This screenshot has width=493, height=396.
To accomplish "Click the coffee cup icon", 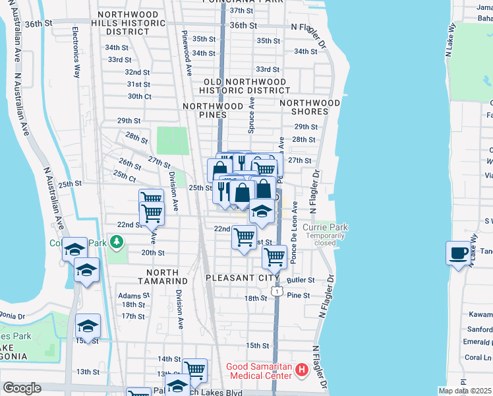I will coord(459,252).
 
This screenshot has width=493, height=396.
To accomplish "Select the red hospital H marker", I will coord(302,370).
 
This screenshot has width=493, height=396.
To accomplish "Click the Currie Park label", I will coord(325,228).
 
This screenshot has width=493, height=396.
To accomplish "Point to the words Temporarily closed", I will coord(325,239).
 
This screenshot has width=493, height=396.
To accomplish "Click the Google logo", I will coord(22,388).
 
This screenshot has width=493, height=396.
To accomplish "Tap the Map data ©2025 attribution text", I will coord(465,391).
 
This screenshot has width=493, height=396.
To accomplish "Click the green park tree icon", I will coord(117,242).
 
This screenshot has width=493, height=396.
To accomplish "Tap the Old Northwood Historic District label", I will coord(244,86).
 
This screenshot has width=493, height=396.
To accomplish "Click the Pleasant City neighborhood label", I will coord(243,278).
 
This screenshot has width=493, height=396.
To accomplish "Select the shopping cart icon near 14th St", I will coord(194,370).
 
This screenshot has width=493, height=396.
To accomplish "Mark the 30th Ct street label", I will coord(139,96).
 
